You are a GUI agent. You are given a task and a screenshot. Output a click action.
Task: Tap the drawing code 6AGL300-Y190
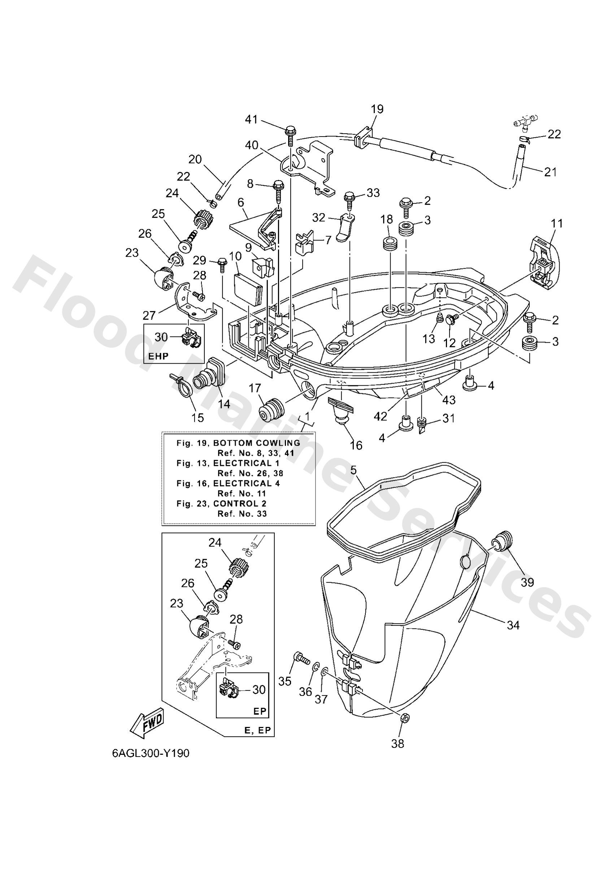[151, 753]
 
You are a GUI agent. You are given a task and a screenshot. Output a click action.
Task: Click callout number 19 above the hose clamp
[377, 109]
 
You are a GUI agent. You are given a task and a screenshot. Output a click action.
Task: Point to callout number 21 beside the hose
[550, 172]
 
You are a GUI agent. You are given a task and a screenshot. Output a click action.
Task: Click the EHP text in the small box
[158, 356]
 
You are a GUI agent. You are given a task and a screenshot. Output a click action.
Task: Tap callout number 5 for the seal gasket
[354, 470]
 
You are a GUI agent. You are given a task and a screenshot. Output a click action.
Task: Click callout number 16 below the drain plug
[356, 445]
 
